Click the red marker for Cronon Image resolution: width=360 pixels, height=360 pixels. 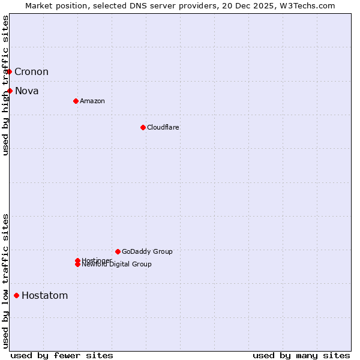click(x=9, y=72)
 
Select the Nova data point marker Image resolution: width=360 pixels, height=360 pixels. click(x=10, y=91)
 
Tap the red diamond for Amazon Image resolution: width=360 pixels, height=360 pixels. click(x=76, y=101)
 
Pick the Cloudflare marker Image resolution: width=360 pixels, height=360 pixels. click(x=143, y=127)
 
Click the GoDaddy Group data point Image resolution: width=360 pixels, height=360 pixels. click(x=118, y=251)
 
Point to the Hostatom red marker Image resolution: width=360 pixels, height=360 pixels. click(x=16, y=295)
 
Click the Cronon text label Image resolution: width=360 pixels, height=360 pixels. click(x=31, y=72)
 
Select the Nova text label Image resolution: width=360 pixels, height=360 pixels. click(x=27, y=91)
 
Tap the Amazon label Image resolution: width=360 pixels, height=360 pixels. click(x=92, y=101)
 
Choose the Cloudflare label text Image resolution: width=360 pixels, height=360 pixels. click(x=163, y=127)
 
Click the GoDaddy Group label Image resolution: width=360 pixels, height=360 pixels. click(x=147, y=251)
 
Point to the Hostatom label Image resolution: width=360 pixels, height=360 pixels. click(x=45, y=295)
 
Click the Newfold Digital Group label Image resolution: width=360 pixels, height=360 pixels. click(x=117, y=265)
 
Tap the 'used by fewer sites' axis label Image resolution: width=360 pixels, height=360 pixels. click(x=62, y=355)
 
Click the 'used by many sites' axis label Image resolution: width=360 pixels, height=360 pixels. click(x=301, y=355)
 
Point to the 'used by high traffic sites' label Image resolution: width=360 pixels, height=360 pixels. click(x=6, y=85)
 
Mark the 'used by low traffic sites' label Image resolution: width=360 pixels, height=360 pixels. click(x=6, y=280)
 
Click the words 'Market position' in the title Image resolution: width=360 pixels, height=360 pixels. click(x=52, y=6)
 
